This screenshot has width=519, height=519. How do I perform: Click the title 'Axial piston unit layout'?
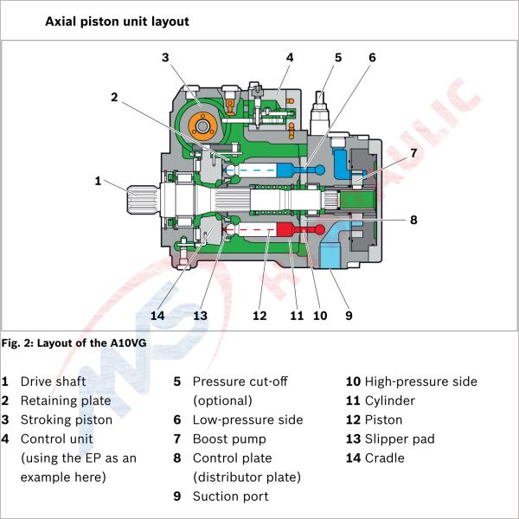[117, 20]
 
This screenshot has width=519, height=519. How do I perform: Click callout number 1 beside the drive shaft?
[99, 181]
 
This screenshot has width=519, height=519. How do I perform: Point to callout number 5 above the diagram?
[338, 58]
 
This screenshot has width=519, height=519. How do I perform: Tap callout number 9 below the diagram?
[349, 315]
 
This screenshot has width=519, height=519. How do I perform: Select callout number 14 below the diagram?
[157, 315]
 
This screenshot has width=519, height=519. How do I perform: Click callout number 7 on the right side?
[413, 152]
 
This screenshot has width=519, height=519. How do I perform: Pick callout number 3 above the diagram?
[165, 58]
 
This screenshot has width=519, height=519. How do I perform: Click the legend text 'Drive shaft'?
[54, 381]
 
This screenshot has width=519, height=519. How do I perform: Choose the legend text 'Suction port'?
[230, 497]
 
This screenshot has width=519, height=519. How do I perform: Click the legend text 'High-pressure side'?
[420, 381]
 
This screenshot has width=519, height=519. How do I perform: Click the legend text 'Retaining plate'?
[66, 400]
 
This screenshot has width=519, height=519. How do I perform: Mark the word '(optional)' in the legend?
[222, 400]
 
